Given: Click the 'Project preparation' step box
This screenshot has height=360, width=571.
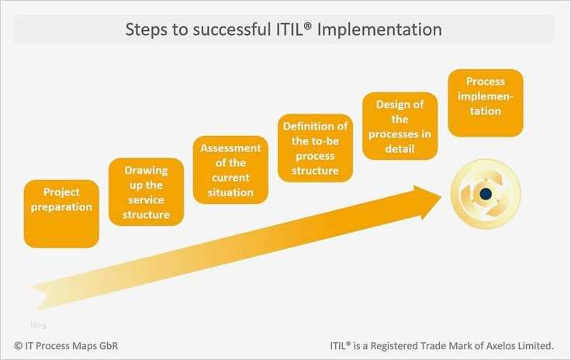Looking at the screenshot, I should (61, 213).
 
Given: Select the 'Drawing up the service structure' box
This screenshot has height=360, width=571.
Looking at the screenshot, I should (146, 192).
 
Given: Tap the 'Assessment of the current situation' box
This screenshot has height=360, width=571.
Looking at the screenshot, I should (230, 169).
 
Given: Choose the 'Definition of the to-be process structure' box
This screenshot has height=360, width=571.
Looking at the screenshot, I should (315, 147).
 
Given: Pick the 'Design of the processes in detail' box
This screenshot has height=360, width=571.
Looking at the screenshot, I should (400, 126).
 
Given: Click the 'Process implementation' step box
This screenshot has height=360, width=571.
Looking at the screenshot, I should (485, 102).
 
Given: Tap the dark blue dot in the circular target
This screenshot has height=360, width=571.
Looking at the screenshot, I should (486, 194).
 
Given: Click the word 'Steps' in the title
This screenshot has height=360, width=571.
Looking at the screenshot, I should (147, 29).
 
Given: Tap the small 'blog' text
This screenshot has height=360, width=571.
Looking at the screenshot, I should (38, 324).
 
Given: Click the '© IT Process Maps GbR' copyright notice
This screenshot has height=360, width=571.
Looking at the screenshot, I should (67, 344).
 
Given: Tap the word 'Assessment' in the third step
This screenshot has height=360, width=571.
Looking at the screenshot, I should (230, 148).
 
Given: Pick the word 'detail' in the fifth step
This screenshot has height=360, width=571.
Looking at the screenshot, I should (400, 147).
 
